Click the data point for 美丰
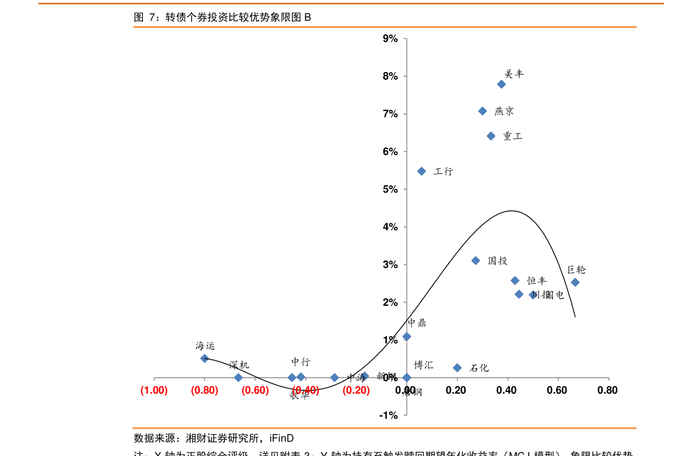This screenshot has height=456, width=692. (501, 84)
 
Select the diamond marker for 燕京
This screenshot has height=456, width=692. (482, 111)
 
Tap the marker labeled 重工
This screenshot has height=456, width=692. (491, 136)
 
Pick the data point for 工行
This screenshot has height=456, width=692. (422, 171)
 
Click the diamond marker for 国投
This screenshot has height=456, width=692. (476, 261)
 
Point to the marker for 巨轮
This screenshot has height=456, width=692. (575, 282)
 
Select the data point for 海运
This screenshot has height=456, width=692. (205, 358)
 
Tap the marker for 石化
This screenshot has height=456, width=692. (457, 368)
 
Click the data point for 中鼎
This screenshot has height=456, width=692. (407, 336)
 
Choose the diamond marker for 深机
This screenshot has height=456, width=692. (238, 377)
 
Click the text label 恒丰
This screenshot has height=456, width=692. (537, 281)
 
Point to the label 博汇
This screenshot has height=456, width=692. (424, 365)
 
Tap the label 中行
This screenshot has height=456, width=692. (301, 362)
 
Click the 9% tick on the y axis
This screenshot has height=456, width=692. (390, 39)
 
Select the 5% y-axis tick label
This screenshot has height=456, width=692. (390, 190)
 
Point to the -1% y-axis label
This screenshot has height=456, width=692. (389, 415)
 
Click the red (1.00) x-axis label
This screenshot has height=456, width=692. (154, 390)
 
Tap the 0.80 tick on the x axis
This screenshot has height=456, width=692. (607, 390)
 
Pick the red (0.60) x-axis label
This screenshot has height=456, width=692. (255, 390)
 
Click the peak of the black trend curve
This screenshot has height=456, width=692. (511, 211)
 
